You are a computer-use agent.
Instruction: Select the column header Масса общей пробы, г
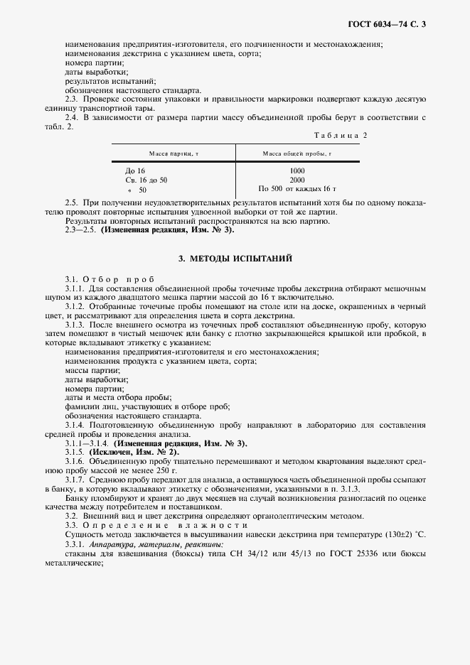point(297,153)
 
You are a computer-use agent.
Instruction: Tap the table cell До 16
point(135,171)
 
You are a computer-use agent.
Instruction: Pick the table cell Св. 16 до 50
point(146,180)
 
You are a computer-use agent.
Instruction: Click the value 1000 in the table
point(297,171)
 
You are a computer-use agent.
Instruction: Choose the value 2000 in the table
point(297,180)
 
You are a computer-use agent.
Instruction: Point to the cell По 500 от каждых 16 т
point(297,190)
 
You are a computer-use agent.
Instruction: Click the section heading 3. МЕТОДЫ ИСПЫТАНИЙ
point(235,258)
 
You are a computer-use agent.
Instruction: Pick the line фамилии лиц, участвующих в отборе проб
point(147,407)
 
